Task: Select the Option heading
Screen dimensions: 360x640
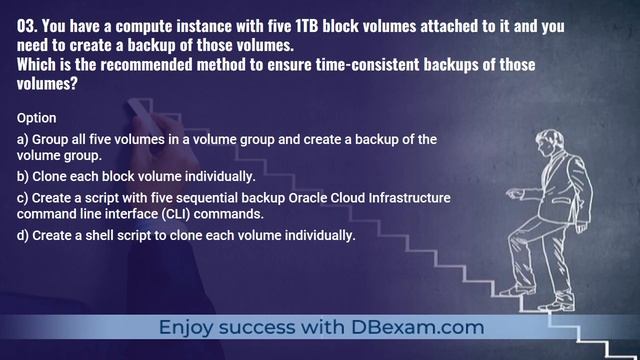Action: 37,118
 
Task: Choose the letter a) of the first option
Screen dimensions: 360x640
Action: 24,140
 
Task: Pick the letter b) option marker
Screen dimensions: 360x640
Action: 24,176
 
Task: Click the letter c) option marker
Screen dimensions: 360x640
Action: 24,197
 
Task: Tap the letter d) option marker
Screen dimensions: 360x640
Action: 24,235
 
